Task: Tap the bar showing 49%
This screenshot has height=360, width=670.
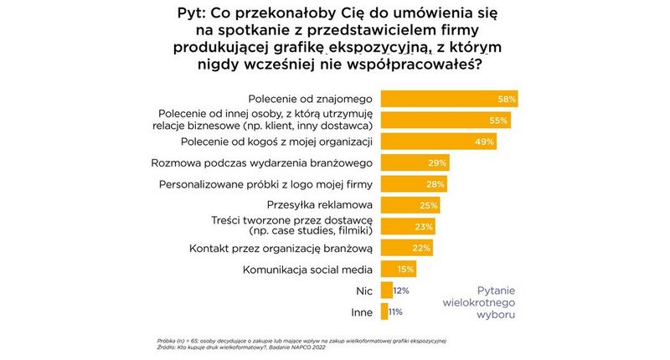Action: (437, 141)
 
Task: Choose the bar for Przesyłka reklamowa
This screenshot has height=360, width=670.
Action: (410, 205)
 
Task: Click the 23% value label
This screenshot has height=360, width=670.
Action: (424, 227)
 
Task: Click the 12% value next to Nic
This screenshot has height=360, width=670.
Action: (400, 291)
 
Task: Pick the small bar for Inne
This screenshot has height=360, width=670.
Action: (384, 311)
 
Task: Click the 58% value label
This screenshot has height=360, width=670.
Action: (506, 99)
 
